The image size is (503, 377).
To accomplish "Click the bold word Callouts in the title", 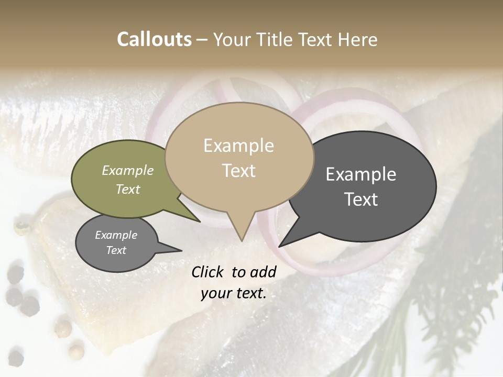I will [x=154, y=39].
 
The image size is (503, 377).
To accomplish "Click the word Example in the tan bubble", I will [x=238, y=146].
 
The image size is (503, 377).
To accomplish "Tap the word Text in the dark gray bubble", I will [x=361, y=199].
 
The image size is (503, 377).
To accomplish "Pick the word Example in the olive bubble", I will [x=128, y=170].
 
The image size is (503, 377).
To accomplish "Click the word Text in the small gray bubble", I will [x=116, y=250].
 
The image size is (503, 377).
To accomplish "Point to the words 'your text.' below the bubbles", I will [x=234, y=294].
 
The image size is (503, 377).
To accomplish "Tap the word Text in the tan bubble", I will [x=239, y=171].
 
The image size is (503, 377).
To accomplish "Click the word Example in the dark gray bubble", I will [x=361, y=174].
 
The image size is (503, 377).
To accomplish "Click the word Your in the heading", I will [x=233, y=39].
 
